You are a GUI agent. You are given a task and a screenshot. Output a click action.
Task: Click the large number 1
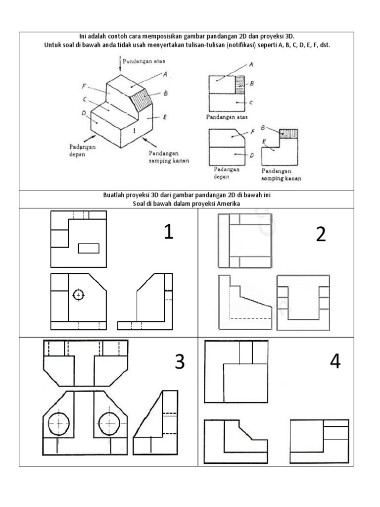169,232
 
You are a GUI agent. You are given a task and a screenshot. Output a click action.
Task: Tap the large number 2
321,234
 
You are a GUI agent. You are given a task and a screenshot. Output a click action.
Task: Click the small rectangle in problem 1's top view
89,248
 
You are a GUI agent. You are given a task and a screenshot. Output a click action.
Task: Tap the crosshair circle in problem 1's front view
78,295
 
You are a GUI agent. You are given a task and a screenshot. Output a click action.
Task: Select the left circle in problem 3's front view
58,423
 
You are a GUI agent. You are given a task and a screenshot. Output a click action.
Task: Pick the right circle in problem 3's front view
109,423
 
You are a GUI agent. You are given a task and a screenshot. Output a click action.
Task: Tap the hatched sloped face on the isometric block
143,102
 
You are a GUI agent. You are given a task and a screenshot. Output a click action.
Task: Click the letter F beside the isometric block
85,86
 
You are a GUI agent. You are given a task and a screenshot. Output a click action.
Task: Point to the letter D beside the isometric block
84,113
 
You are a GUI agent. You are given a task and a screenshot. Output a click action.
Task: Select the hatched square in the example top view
240,85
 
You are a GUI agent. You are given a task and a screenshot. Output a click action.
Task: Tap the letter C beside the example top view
251,103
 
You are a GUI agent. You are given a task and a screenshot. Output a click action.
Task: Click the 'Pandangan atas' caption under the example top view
226,117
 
